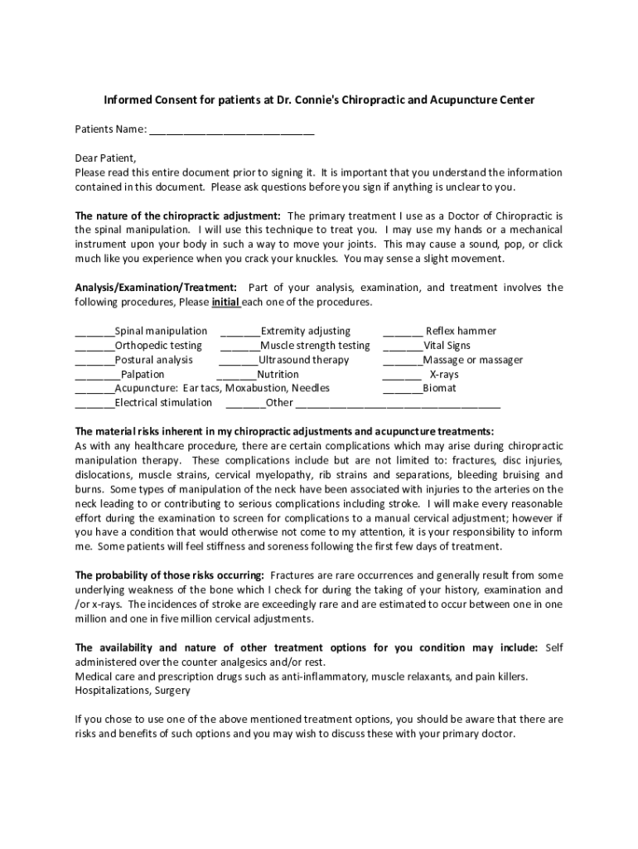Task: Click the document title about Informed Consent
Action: (x=319, y=99)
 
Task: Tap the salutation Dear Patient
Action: (x=105, y=158)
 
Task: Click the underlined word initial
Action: (x=226, y=302)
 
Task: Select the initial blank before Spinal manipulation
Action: (x=94, y=332)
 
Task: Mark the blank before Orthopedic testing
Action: (x=94, y=346)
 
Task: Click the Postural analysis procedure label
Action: (x=153, y=360)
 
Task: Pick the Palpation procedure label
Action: (x=143, y=375)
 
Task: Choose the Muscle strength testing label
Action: (x=315, y=346)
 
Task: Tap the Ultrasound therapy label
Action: (x=303, y=360)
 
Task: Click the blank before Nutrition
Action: (x=236, y=375)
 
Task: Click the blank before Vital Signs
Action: (x=403, y=346)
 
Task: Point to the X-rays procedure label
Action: (x=443, y=375)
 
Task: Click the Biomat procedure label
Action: (x=439, y=388)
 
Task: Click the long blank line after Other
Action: (x=398, y=404)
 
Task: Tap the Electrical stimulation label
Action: (x=163, y=403)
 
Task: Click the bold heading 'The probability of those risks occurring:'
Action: (x=170, y=575)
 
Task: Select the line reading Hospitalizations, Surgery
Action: (x=133, y=690)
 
